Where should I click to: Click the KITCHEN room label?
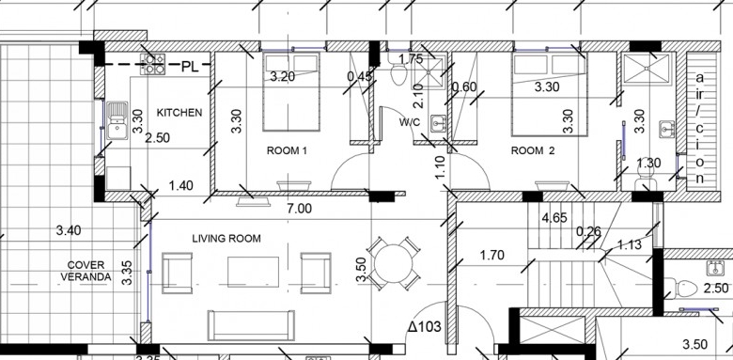coord(179,113)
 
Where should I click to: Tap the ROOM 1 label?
coord(287,151)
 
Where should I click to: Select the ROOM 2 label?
coord(533,151)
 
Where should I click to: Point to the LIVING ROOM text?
coord(226,239)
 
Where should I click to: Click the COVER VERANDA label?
coord(86,271)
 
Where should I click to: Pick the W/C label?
coord(410,122)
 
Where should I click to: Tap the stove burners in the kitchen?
coord(153,64)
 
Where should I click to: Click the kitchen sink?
coord(117,120)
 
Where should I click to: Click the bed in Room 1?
coord(290,91)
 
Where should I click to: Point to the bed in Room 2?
coord(550,94)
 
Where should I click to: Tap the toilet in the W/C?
coord(398,74)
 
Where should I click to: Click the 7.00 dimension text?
coord(299,209)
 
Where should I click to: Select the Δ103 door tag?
coord(424,326)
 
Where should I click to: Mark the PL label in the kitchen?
coord(190,67)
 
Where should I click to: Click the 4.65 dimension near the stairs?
coord(554,218)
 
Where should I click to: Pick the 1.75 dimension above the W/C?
coord(411,59)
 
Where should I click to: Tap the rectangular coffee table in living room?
coord(253,272)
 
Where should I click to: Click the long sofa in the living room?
coord(251,325)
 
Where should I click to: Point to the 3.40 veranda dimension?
coord(69,230)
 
